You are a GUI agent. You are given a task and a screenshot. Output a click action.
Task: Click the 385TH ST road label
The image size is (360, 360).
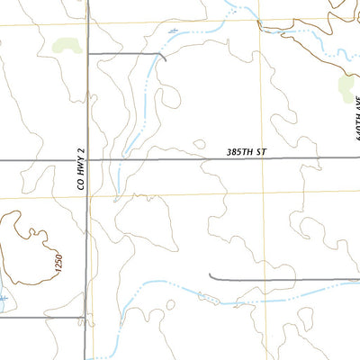tap(247, 154)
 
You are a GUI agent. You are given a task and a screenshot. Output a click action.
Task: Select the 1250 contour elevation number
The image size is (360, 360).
tap(58, 265)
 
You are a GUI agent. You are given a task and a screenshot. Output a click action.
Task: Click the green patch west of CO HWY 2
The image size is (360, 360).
tap(65, 44)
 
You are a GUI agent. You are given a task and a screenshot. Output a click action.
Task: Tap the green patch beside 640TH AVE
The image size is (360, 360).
tap(346, 86)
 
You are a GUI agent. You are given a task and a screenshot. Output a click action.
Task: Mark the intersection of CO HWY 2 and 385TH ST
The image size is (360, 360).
tap(87, 160)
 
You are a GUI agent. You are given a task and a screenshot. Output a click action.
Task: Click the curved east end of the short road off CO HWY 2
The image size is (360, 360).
tap(164, 58)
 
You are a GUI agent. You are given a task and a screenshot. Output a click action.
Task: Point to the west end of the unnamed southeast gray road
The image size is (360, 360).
tap(209, 277)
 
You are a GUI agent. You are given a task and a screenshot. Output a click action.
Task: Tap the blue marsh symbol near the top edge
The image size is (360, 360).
tap(174, 31)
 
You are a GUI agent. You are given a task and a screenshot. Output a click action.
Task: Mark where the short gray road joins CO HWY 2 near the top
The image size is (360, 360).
tap(87, 54)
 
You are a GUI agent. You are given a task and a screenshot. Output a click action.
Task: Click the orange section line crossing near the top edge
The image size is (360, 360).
tap(259, 23)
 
